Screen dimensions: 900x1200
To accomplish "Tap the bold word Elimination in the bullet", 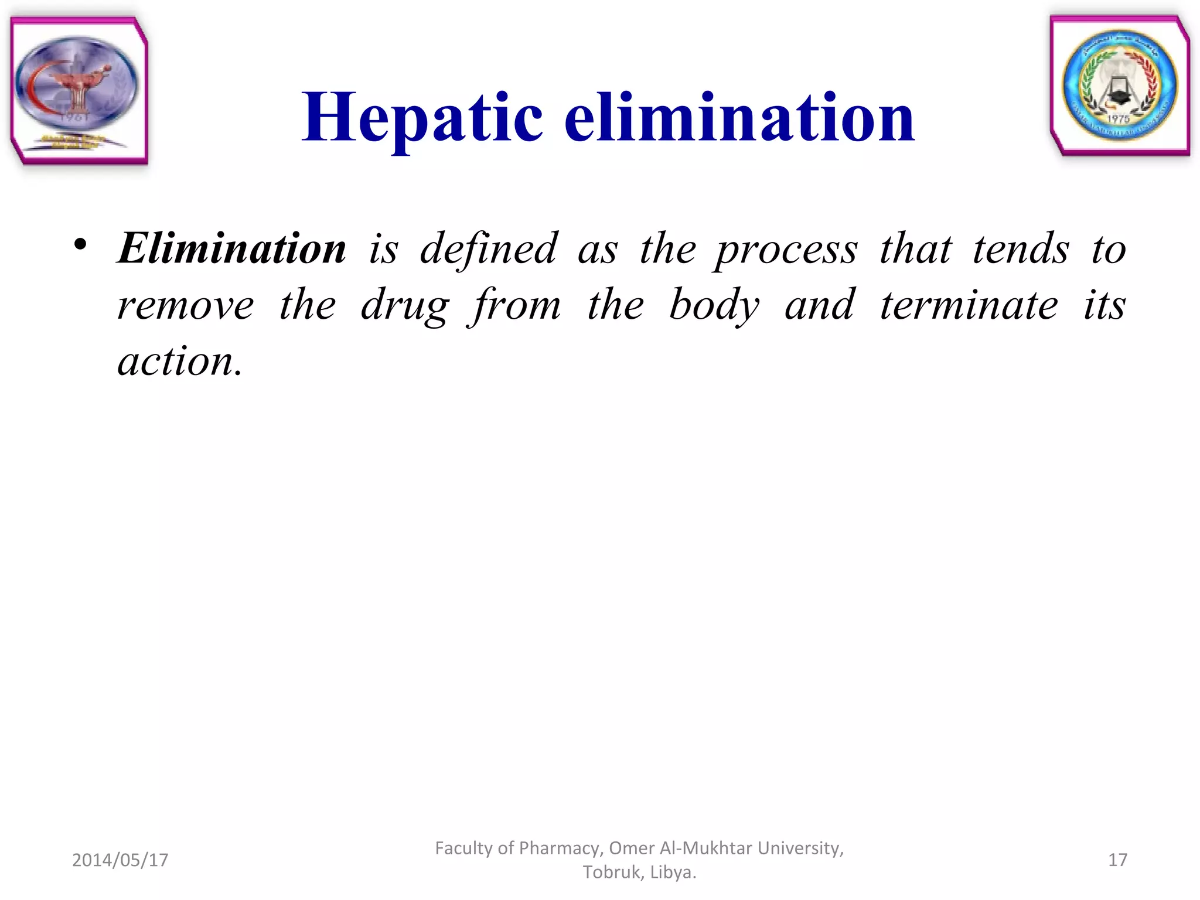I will pos(232,248).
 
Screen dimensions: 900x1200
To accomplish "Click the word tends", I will pos(1021,248).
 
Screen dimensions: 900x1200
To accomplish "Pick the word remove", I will pos(186,305).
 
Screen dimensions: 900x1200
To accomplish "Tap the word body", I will pos(714,305).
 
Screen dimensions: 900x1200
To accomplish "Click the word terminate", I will pos(969,305).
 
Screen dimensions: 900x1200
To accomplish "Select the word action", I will pos(179,361).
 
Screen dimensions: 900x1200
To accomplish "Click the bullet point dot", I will pos(81,245).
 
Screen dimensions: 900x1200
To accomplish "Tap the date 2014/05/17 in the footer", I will pos(120,860).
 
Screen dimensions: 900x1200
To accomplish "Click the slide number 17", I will pos(1117,860).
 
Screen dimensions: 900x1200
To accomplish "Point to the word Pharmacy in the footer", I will pos(561,848).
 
